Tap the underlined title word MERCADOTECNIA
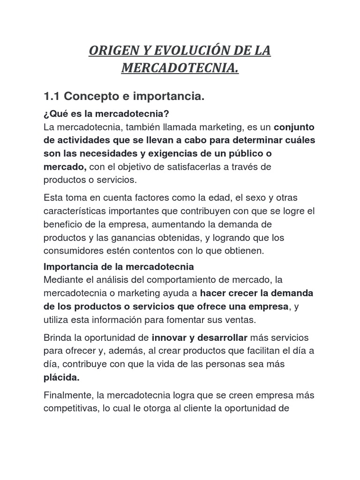(180, 69)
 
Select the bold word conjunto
(294, 127)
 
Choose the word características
(74, 210)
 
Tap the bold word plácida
(61, 377)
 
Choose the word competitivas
(70, 408)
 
